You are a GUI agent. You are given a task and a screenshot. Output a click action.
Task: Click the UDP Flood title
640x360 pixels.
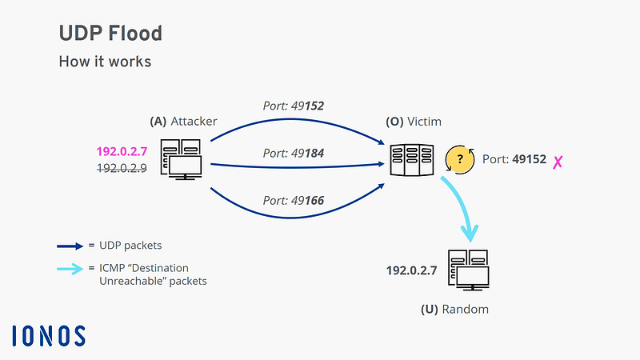(110, 33)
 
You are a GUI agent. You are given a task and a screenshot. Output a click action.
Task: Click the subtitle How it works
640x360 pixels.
(105, 62)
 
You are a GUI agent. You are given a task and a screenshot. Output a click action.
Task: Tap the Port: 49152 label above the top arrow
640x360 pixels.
(293, 106)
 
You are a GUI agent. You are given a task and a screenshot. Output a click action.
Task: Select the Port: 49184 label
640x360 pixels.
(293, 154)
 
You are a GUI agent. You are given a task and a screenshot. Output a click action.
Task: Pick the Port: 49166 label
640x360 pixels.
(293, 201)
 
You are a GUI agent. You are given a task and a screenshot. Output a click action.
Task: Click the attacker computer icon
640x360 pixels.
(181, 159)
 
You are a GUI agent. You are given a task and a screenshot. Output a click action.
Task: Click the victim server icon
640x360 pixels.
(411, 159)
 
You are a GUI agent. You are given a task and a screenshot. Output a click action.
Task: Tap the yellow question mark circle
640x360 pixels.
(460, 159)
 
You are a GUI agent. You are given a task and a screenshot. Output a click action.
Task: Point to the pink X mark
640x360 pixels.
(558, 162)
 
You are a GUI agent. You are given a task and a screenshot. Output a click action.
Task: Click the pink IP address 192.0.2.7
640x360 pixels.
(122, 152)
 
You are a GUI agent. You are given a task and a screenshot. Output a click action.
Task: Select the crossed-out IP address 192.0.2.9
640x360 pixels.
(122, 168)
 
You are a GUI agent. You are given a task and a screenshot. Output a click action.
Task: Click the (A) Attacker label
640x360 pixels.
(183, 122)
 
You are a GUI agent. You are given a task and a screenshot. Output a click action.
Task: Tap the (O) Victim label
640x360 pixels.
(414, 122)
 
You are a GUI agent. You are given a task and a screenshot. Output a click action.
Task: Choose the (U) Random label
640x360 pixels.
(454, 310)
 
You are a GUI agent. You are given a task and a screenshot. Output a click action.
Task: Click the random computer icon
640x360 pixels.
(469, 270)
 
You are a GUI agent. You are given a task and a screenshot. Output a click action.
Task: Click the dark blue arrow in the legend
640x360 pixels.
(70, 246)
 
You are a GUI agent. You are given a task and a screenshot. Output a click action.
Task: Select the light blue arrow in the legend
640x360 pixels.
(70, 269)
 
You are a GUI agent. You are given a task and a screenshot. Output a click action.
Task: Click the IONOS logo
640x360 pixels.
(49, 336)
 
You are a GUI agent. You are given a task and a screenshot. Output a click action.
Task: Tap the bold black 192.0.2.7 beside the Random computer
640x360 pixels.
(411, 270)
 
